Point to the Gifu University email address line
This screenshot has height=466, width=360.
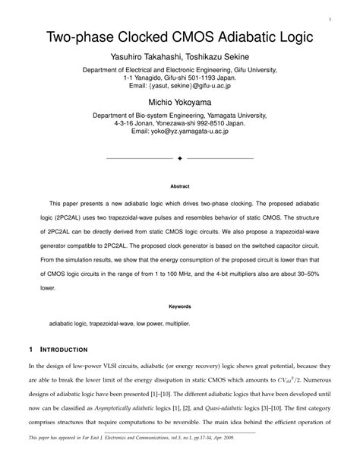[180, 86]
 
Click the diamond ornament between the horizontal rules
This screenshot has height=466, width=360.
[180, 159]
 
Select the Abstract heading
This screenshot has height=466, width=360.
[180, 185]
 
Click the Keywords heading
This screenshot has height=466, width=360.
[180, 307]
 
